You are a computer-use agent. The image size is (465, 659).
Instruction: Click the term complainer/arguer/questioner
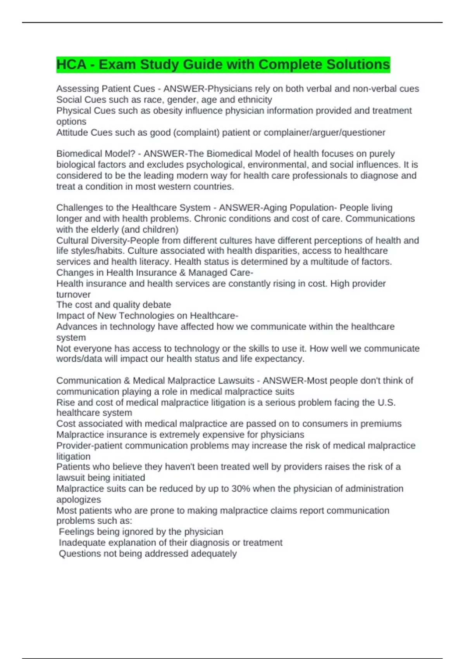click(x=324, y=133)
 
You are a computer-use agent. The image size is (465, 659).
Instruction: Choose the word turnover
click(x=73, y=294)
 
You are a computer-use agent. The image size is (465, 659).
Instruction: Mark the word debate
click(x=157, y=305)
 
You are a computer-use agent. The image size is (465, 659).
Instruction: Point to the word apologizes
click(x=79, y=499)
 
